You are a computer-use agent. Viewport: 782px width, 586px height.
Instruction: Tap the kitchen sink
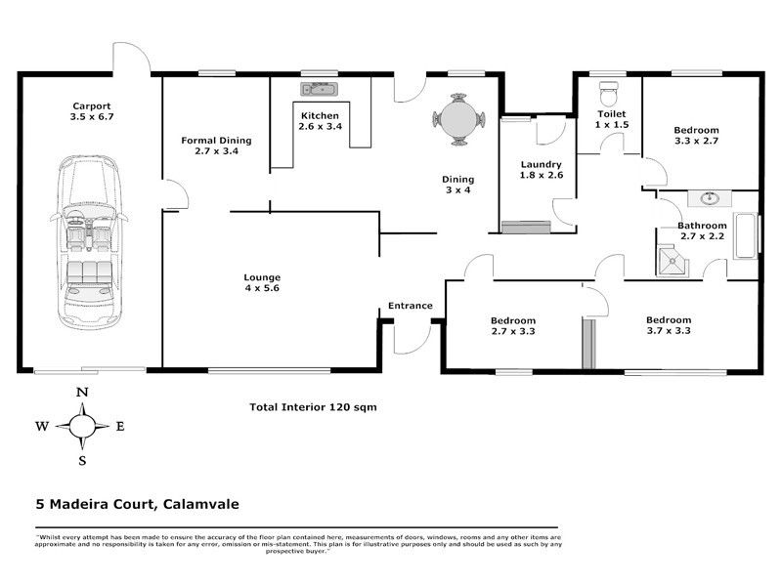click(319, 91)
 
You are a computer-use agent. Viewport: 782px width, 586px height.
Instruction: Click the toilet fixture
click(610, 94)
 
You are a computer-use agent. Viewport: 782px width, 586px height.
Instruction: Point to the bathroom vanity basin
click(711, 199)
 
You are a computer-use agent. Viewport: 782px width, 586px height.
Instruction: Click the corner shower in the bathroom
click(673, 259)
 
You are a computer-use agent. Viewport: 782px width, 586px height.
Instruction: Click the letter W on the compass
click(42, 426)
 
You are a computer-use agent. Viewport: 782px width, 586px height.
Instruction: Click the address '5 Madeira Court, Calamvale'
click(132, 505)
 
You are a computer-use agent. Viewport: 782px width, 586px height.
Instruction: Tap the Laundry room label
click(541, 164)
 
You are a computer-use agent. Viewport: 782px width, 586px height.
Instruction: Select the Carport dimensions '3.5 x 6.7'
click(91, 118)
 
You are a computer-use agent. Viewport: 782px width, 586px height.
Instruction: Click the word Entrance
click(410, 306)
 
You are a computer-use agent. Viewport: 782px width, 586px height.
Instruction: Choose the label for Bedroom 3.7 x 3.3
click(669, 320)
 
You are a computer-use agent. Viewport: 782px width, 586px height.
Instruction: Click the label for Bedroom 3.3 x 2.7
click(697, 131)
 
